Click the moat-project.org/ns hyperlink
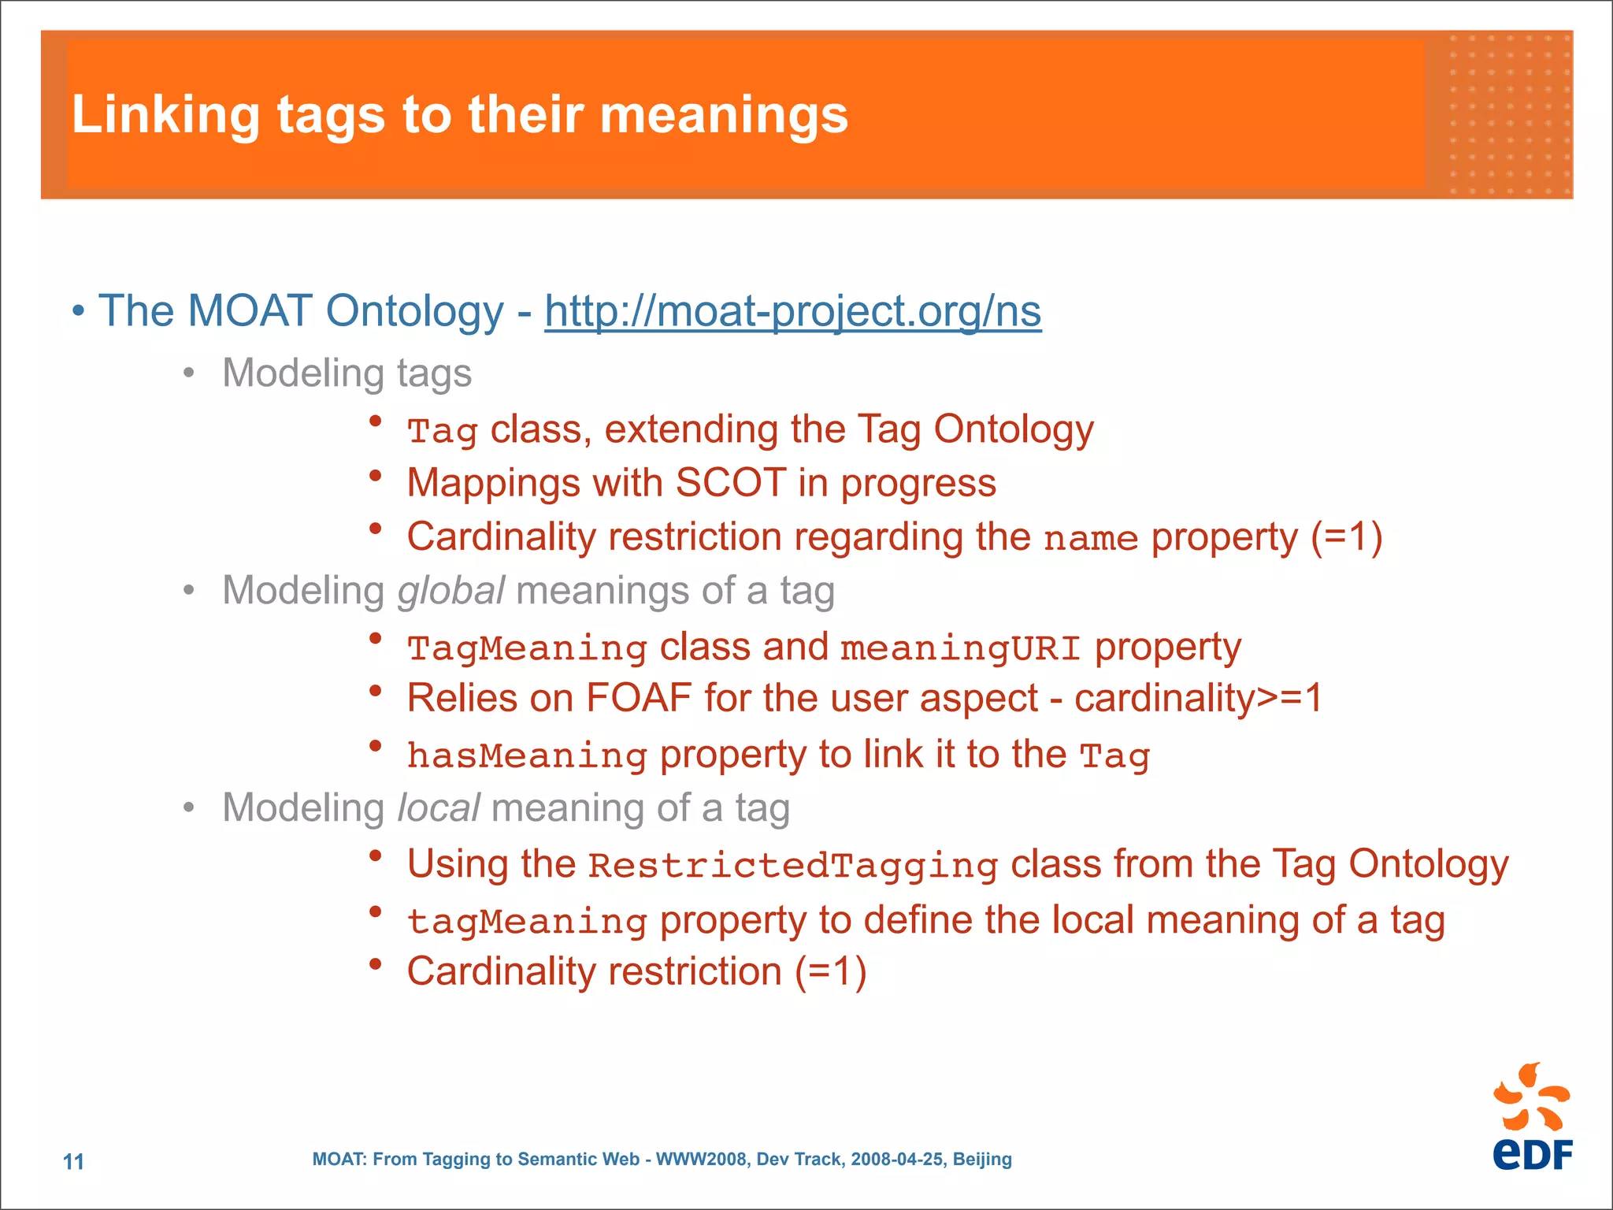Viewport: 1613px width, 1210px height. pos(792,311)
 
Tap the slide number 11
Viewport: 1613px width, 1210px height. pos(73,1161)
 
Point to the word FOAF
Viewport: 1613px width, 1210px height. pos(638,699)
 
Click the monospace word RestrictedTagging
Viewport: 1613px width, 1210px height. pos(793,866)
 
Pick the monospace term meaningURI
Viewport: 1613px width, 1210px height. pos(960,648)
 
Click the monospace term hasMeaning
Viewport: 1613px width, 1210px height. pos(527,755)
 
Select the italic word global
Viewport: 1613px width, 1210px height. pos(451,591)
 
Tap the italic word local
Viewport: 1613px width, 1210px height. pos(438,808)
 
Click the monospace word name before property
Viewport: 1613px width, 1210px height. pos(1091,539)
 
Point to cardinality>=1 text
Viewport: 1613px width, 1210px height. pos(1198,699)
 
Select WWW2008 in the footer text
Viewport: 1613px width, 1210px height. pos(702,1159)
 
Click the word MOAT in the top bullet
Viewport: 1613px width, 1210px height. pos(250,311)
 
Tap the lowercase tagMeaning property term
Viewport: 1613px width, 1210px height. pos(527,921)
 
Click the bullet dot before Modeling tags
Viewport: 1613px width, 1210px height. pos(188,373)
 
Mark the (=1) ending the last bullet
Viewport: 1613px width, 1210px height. pos(830,971)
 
